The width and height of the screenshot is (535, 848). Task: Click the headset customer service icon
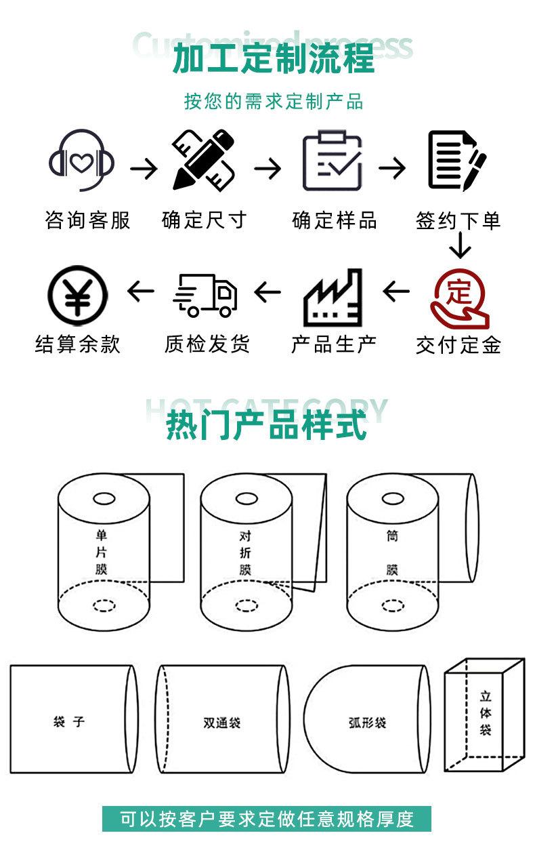point(81,161)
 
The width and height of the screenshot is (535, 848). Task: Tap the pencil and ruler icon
point(203,161)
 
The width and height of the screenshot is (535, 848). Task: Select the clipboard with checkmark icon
point(332,161)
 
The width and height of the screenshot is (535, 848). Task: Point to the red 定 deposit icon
point(459,297)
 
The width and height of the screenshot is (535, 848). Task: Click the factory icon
point(333,296)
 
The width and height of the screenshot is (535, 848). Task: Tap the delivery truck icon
point(206,296)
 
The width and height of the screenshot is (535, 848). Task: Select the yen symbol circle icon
point(77,295)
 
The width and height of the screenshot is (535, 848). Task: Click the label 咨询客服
point(87,220)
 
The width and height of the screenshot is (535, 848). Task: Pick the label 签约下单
point(458,220)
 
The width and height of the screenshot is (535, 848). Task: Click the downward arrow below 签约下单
point(460,246)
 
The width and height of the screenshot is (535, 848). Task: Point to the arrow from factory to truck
point(267,293)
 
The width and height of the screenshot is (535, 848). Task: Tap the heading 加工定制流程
point(273,58)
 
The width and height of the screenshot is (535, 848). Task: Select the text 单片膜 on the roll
point(102,552)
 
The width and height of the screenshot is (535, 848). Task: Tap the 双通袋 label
point(221,723)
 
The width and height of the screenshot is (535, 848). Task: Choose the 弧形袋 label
point(366,723)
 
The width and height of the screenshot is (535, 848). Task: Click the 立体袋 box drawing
point(484,715)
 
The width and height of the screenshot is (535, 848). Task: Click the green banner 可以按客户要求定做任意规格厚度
point(267,819)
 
